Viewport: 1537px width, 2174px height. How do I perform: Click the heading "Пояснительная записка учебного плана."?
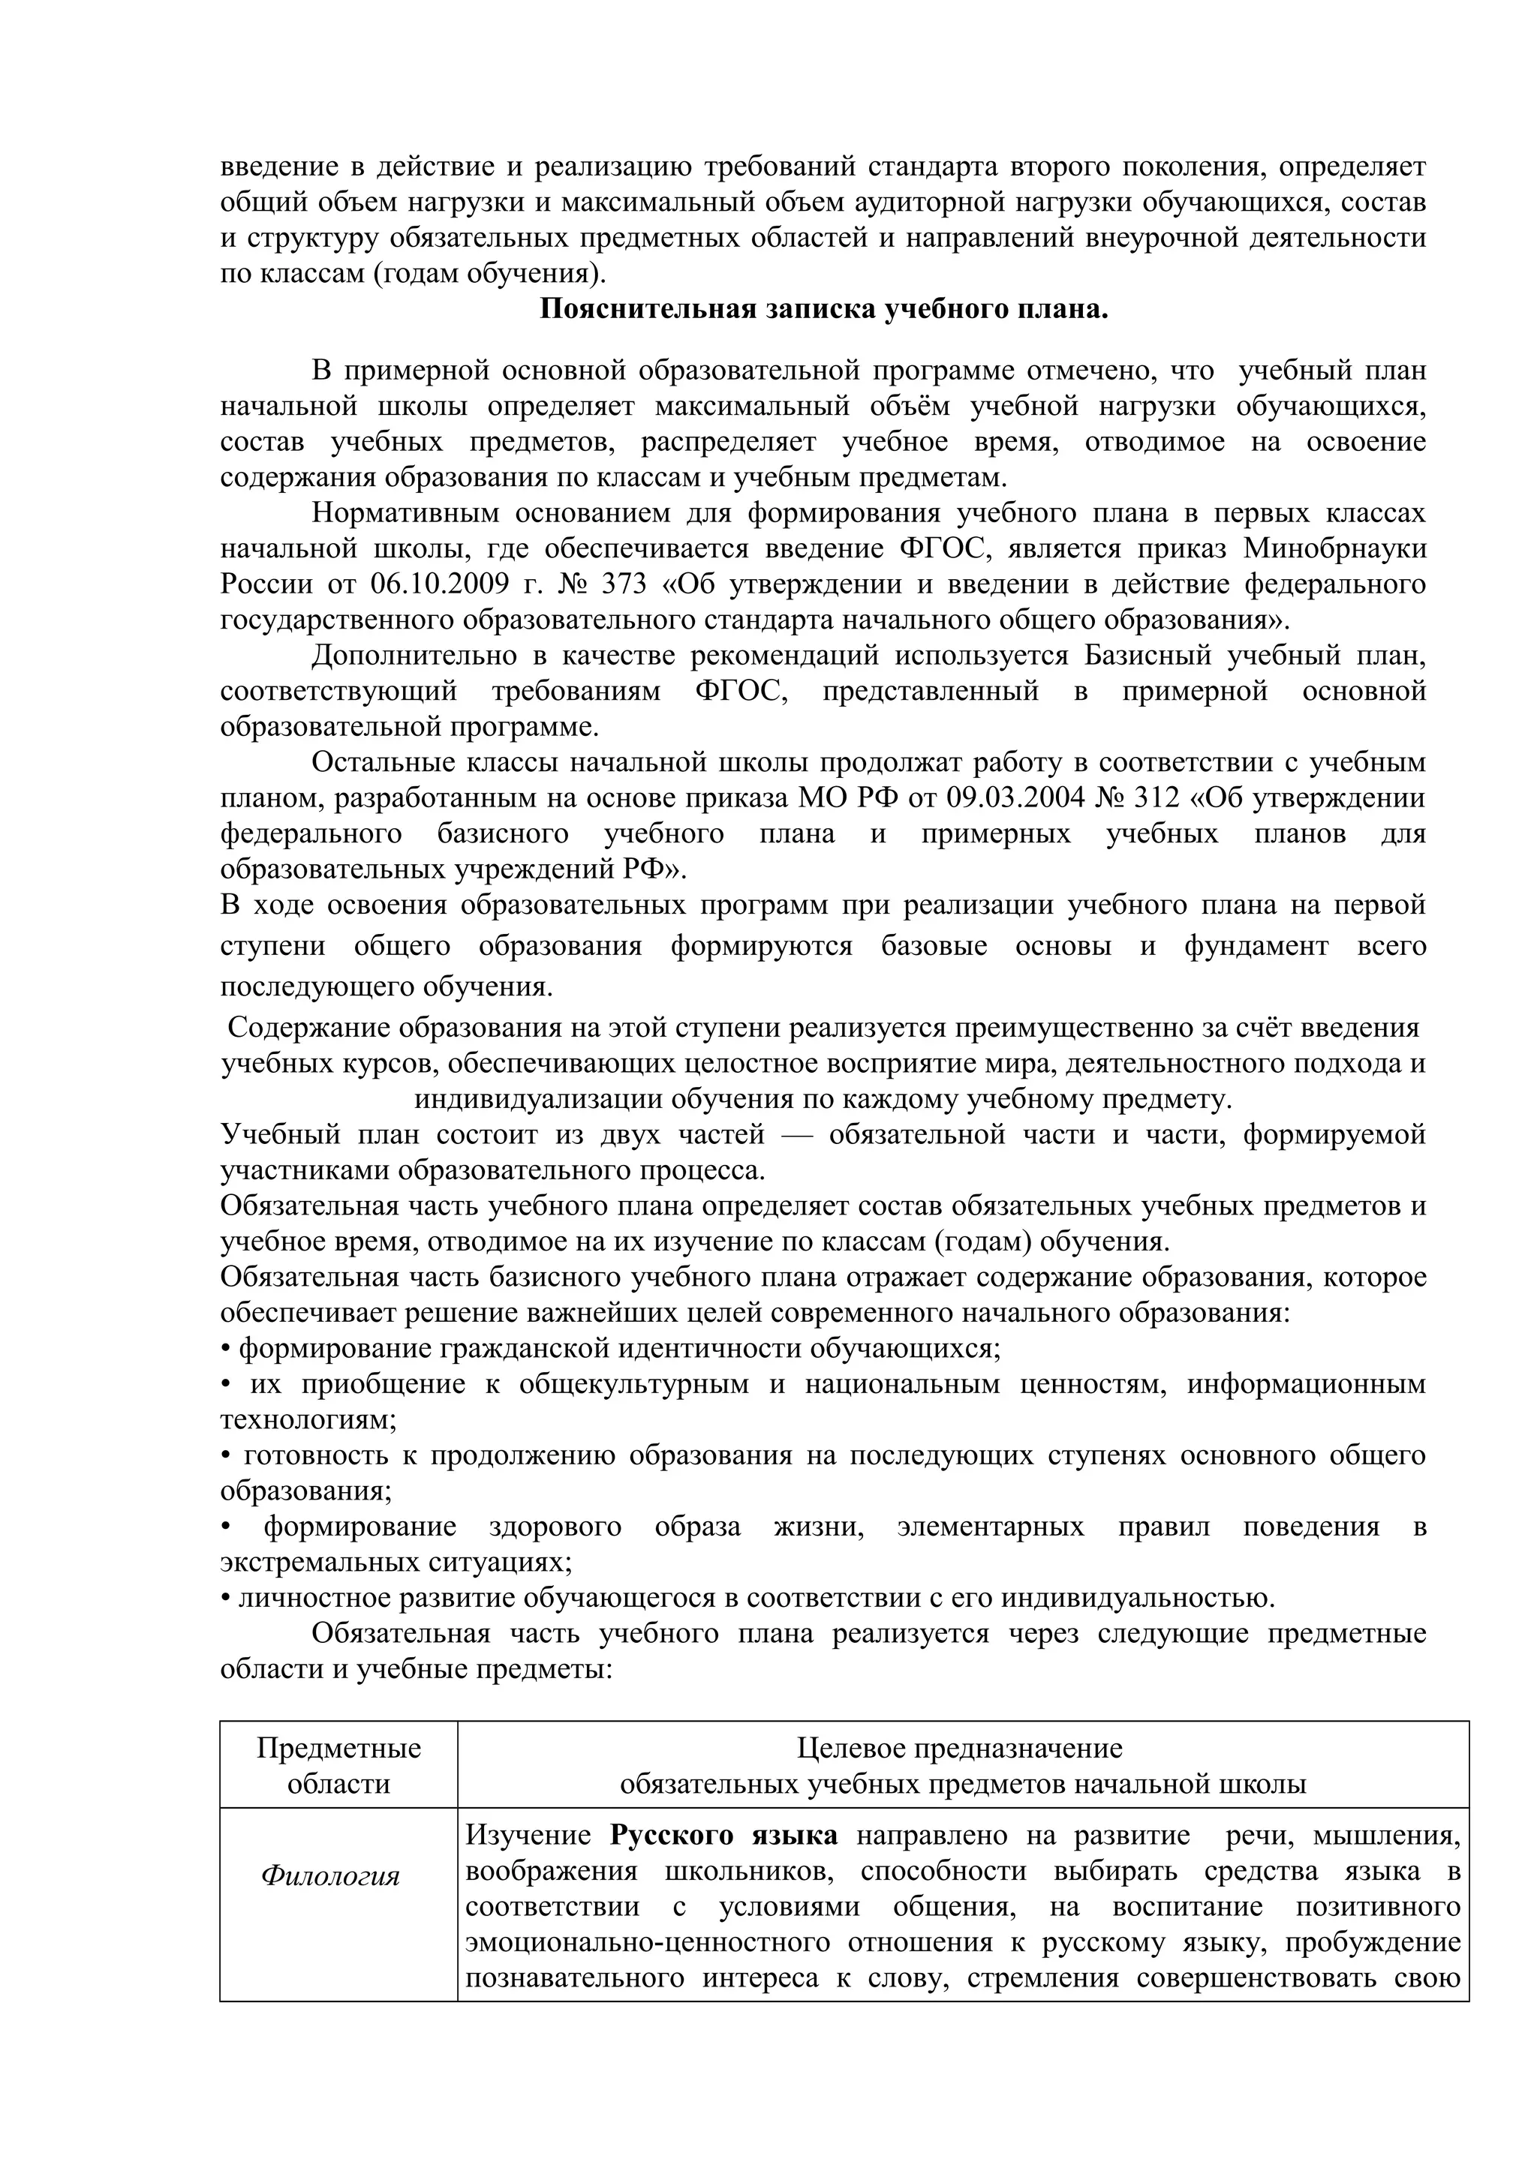[x=823, y=310]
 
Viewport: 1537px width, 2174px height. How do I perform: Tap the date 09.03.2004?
[x=1015, y=798]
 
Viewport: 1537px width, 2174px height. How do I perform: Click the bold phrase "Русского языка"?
[x=723, y=1836]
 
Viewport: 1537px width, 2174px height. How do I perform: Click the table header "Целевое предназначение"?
[x=959, y=1748]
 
